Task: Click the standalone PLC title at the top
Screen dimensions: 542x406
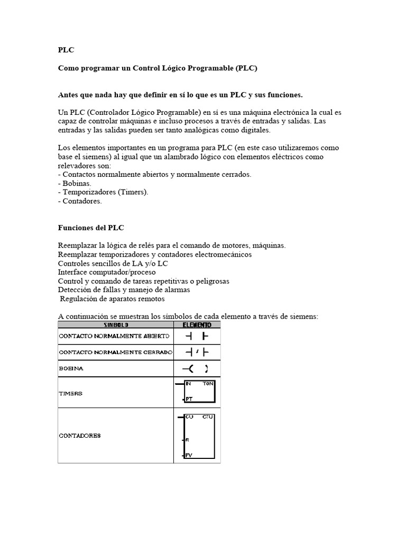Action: (x=66, y=50)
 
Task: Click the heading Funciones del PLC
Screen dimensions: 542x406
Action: (x=90, y=228)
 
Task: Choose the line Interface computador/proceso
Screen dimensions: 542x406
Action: (x=107, y=272)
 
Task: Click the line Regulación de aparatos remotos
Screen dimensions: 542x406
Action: (x=112, y=299)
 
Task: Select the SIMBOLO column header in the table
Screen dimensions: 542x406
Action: (x=116, y=324)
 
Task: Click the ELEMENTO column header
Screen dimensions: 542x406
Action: (x=197, y=324)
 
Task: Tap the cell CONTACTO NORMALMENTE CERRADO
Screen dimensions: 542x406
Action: (x=115, y=352)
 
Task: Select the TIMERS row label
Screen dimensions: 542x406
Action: (x=70, y=393)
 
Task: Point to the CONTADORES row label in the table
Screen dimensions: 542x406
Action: (x=79, y=436)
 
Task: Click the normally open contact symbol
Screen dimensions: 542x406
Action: (x=197, y=336)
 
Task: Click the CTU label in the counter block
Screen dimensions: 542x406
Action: (x=208, y=417)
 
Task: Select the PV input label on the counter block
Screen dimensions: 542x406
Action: (x=189, y=455)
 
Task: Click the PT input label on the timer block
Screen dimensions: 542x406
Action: (x=189, y=398)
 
